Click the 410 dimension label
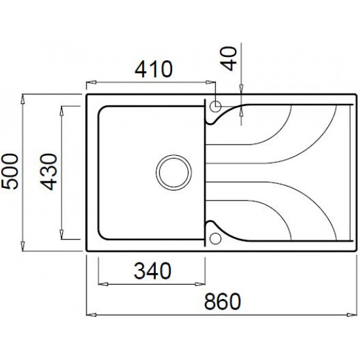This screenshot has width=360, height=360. tap(153, 69)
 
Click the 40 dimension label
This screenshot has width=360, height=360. tap(230, 58)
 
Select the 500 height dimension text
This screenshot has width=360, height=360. tap(9, 171)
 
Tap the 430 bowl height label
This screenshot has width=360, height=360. tap(48, 172)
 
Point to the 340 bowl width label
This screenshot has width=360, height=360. tap(153, 271)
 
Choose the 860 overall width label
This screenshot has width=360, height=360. tap(223, 301)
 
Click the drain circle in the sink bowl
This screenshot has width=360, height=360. tap(173, 172)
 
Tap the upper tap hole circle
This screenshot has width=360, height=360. tap(215, 107)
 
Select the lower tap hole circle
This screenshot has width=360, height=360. tap(215, 239)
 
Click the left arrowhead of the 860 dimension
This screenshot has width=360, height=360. tap(91, 315)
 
